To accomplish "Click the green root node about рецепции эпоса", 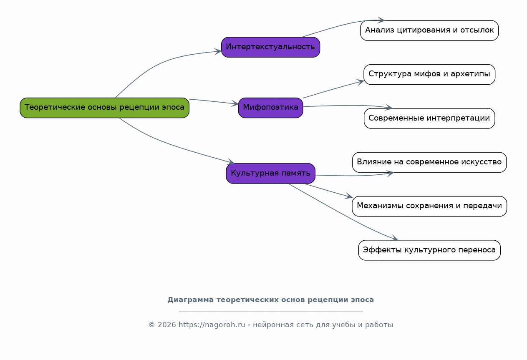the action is (x=104, y=108).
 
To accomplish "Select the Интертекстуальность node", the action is (x=270, y=47).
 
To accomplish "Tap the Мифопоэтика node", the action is (x=270, y=108).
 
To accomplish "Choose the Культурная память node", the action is (x=270, y=174).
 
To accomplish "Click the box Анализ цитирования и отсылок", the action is (x=429, y=30).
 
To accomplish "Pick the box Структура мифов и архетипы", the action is (x=429, y=75).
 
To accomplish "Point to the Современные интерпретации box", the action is (x=429, y=118).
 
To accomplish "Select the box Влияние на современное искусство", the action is (x=429, y=163).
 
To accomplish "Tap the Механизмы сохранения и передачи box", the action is (x=429, y=206).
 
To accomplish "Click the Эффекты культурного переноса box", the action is (x=429, y=250).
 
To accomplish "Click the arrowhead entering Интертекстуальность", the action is (x=218, y=51).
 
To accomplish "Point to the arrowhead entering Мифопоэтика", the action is (x=235, y=103).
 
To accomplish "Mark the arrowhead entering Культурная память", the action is (x=231, y=161).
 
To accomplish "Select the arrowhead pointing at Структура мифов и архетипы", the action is (x=361, y=82).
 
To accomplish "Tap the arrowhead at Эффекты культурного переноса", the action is (x=394, y=238).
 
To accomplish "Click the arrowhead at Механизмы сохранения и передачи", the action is (x=349, y=196).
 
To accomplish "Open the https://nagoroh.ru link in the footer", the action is (x=212, y=325).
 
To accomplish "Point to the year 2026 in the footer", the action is (x=167, y=325).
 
